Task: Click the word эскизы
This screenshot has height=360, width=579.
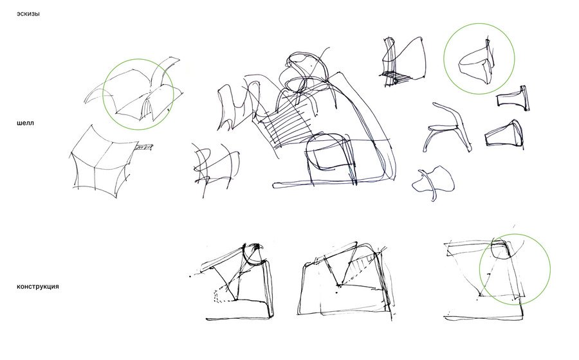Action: (x=28, y=14)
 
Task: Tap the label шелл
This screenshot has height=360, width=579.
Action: (x=25, y=123)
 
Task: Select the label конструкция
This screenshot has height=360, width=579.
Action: (x=38, y=287)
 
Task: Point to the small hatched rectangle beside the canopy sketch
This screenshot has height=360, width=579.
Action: (x=144, y=148)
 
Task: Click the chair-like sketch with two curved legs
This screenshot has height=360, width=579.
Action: (x=448, y=127)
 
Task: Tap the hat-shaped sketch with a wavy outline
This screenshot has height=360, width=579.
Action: (x=434, y=181)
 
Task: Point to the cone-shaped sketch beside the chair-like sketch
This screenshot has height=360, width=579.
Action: (x=504, y=134)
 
